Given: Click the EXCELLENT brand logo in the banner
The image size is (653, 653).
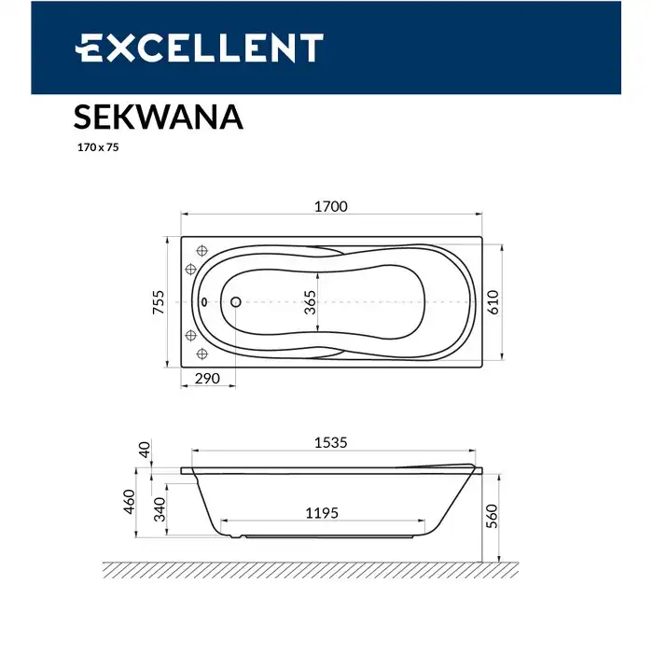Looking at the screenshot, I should [199, 48].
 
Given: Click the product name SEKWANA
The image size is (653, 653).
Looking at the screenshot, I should [158, 118].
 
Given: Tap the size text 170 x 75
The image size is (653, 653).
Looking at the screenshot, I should [97, 146].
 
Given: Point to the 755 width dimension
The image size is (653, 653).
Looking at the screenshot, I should [160, 302].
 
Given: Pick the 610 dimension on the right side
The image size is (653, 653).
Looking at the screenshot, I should [493, 302].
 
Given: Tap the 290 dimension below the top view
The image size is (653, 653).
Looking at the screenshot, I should [207, 379].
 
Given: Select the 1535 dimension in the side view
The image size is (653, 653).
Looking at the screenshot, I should [328, 442].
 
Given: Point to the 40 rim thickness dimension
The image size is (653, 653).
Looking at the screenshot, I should [143, 451].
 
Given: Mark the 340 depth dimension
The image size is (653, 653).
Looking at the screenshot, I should [160, 508].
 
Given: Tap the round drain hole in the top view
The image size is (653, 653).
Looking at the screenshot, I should [235, 302].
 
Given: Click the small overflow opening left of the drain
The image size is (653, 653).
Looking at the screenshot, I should [205, 302].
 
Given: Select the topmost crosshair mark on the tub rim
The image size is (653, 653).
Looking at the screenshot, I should [201, 250].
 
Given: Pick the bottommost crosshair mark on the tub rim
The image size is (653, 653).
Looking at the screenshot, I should [201, 354].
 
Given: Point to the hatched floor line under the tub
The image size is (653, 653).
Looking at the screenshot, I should [308, 569].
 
